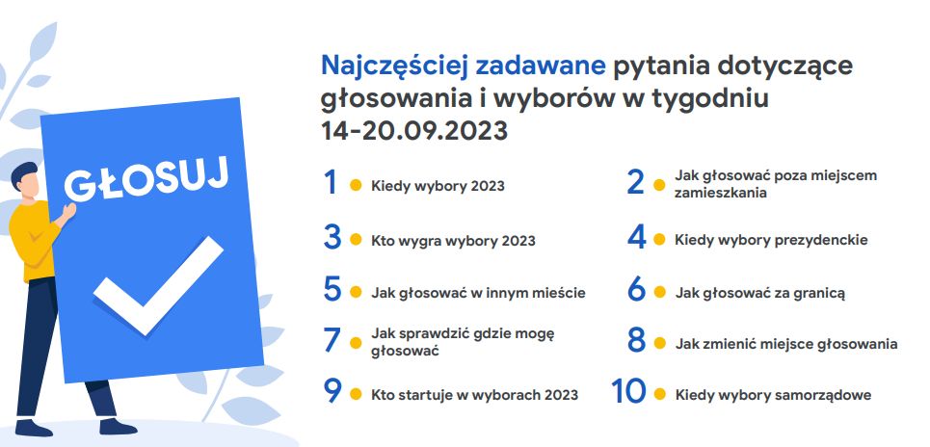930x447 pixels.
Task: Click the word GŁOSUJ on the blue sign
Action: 146,179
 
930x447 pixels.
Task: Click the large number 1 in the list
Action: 331,182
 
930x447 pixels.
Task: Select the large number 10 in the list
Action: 628,391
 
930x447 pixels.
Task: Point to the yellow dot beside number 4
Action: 659,240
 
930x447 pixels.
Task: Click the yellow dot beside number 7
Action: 356,343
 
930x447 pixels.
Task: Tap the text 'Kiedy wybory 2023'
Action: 438,186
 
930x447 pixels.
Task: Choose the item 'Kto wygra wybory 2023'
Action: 453,241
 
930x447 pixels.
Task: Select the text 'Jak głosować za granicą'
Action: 759,293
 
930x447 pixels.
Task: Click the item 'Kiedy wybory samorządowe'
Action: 774,395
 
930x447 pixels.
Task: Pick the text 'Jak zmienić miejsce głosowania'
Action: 785,344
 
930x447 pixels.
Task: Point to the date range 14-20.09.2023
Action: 414,130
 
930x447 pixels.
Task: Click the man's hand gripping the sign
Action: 68,211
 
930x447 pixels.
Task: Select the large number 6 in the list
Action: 636,289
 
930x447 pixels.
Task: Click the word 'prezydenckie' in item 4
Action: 820,240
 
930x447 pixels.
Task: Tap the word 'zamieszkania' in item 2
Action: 721,193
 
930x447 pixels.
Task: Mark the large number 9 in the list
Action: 332,391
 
